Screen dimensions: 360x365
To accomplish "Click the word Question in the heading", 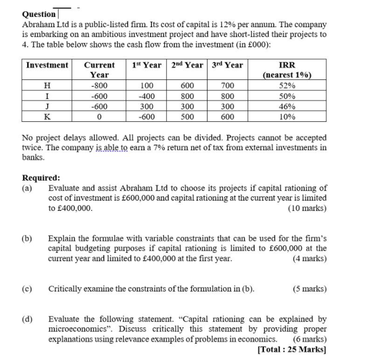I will click(x=39, y=14).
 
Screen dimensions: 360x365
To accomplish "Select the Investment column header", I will click(x=47, y=65).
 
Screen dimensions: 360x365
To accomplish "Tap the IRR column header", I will click(x=287, y=65).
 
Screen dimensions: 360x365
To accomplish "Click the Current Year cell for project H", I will click(x=99, y=86).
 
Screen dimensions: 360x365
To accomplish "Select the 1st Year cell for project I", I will click(x=146, y=96).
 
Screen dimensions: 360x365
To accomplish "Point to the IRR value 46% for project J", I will click(x=287, y=107).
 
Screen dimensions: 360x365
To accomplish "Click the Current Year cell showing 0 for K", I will click(x=99, y=117).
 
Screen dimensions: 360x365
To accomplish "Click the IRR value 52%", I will click(x=287, y=86).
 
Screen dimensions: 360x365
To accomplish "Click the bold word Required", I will click(x=41, y=178).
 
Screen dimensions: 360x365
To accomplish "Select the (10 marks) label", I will click(x=307, y=208).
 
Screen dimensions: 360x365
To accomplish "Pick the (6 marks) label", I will click(x=310, y=339).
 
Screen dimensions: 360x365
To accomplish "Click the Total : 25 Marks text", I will click(x=293, y=349).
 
